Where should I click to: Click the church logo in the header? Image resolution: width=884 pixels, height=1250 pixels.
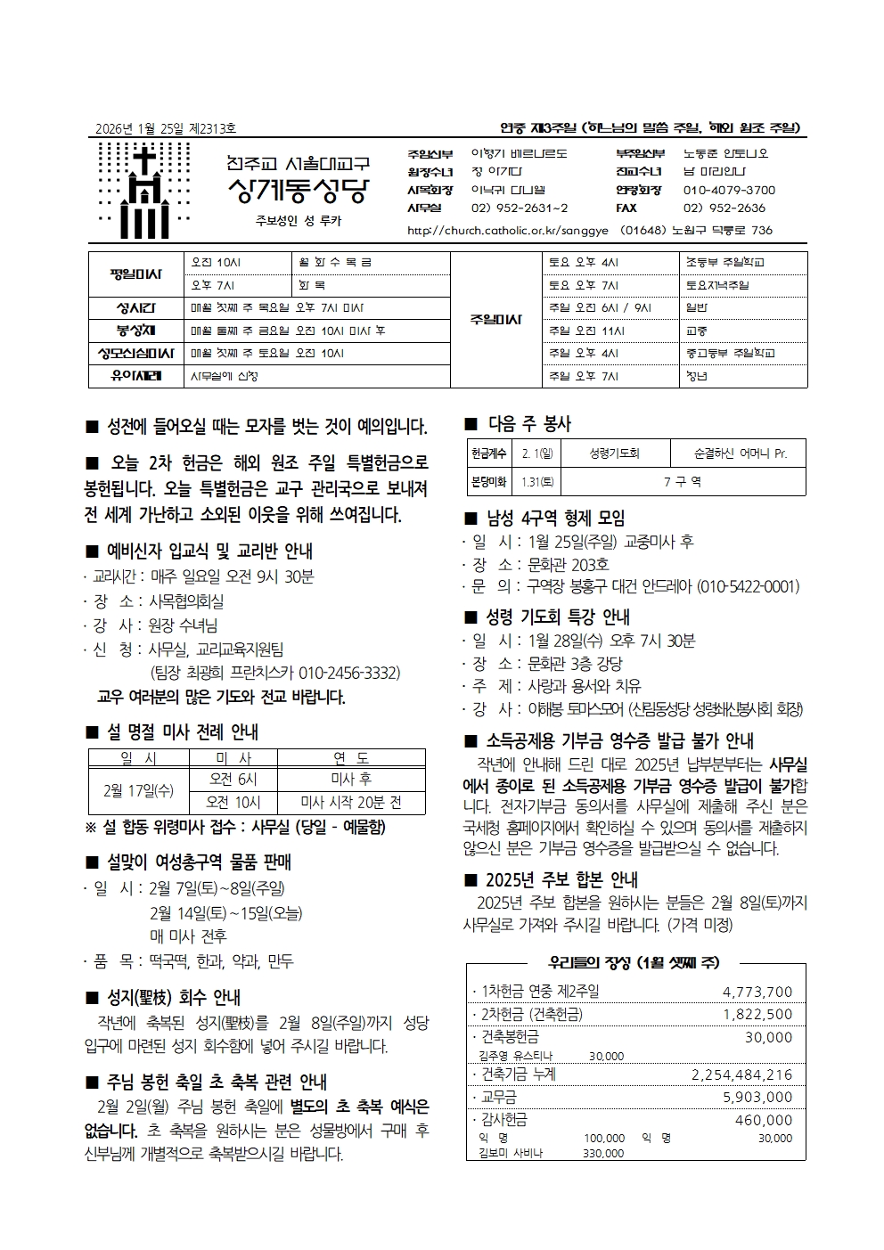(x=144, y=190)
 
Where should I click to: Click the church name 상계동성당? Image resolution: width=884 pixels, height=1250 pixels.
(x=297, y=191)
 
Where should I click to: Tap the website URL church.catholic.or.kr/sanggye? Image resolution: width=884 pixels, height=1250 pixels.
(x=507, y=230)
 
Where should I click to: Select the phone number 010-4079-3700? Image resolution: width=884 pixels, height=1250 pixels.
(x=729, y=190)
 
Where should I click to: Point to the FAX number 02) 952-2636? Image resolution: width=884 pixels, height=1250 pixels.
(x=724, y=208)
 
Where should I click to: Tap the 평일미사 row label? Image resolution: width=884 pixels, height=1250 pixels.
(x=135, y=274)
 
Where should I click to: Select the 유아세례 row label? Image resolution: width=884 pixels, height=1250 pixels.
(x=135, y=376)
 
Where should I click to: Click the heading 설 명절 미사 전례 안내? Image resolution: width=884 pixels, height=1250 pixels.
(x=182, y=732)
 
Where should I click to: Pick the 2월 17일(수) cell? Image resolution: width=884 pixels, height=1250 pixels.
(x=138, y=790)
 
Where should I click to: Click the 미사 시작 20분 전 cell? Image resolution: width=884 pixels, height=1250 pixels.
(x=351, y=803)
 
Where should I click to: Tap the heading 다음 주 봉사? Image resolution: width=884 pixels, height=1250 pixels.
(x=529, y=424)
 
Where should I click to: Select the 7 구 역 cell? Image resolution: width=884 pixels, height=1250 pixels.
(x=683, y=481)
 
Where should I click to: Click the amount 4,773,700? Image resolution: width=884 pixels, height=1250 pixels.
(x=757, y=992)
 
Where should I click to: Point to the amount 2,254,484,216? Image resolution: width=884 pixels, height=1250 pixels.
(x=741, y=1074)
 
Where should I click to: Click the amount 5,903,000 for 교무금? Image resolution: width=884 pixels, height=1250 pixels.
(x=757, y=1097)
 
